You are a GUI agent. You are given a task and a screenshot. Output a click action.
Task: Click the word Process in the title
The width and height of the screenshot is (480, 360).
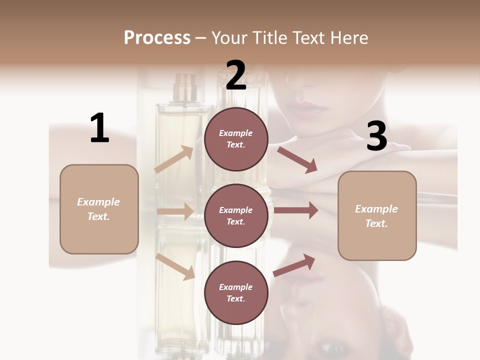[157, 37]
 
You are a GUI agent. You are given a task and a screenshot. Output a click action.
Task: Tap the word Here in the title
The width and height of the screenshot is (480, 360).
[347, 37]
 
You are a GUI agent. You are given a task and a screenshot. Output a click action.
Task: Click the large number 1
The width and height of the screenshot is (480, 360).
[99, 128]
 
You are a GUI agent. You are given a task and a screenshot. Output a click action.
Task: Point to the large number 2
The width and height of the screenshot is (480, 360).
[236, 75]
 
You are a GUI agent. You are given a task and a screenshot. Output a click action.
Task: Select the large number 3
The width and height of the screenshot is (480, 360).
[376, 136]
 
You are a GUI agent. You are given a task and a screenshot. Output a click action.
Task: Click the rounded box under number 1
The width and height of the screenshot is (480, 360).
[99, 209]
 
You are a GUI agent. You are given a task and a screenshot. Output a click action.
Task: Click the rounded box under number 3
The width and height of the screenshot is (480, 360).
[377, 215]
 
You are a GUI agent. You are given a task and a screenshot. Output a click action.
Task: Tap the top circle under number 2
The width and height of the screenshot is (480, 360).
[236, 139]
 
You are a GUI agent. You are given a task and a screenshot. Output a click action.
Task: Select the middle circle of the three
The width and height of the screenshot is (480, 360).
[236, 215]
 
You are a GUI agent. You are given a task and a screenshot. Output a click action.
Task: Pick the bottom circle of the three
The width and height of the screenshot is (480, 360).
[236, 292]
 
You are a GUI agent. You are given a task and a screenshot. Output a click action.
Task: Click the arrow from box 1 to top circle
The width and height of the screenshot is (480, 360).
[174, 159]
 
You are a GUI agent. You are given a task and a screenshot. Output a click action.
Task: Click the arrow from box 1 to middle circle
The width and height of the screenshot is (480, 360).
[175, 211]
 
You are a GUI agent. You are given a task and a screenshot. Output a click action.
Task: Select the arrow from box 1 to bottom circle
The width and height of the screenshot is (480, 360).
[175, 266]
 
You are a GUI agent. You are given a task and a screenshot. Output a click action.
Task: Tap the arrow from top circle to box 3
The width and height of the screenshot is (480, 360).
[297, 159]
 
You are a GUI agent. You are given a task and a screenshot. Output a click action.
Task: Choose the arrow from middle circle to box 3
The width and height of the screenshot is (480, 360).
[296, 210]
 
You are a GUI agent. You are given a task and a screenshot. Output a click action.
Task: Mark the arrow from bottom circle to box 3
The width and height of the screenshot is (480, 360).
[294, 265]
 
